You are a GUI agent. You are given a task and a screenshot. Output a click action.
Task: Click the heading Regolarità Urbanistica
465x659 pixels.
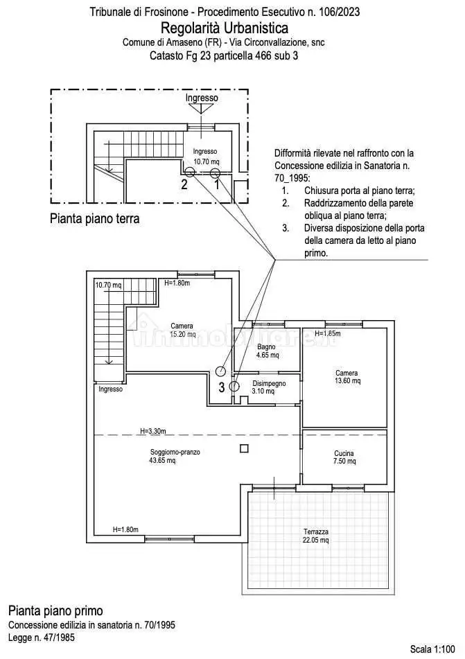[x=225, y=28]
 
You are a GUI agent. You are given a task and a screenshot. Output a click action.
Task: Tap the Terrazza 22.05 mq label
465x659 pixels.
[x=315, y=536]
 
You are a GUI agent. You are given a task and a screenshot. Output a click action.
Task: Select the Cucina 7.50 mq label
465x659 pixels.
[x=344, y=458]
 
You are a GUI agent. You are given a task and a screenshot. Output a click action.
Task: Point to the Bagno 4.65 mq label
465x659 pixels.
[x=267, y=351]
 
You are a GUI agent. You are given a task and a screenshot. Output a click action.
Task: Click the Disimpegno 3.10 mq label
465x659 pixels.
[x=263, y=387]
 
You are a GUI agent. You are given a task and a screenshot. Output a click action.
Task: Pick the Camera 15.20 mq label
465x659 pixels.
[x=182, y=330]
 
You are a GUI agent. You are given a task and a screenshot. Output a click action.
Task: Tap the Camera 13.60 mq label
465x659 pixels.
[x=346, y=377]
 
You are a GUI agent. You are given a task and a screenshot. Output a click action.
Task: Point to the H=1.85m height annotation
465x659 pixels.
[x=329, y=333]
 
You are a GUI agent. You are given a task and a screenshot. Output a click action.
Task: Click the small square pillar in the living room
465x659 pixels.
[x=243, y=448]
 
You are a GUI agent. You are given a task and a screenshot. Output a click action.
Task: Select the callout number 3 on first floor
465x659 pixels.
[x=222, y=387]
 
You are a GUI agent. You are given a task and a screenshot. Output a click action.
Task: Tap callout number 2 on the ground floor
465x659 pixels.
[x=184, y=184]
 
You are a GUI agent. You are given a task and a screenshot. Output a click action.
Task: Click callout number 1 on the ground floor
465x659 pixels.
[x=216, y=184]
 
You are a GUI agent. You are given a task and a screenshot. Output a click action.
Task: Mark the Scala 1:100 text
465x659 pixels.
[x=434, y=649]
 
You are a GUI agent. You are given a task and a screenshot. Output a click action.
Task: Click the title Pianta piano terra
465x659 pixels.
[x=95, y=219]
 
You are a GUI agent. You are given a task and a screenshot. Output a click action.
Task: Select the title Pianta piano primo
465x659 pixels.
[x=55, y=610]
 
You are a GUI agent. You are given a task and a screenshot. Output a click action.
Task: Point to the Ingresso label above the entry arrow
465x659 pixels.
[x=202, y=98]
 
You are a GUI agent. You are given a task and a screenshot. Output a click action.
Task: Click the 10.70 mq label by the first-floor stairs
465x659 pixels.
[x=108, y=285]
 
